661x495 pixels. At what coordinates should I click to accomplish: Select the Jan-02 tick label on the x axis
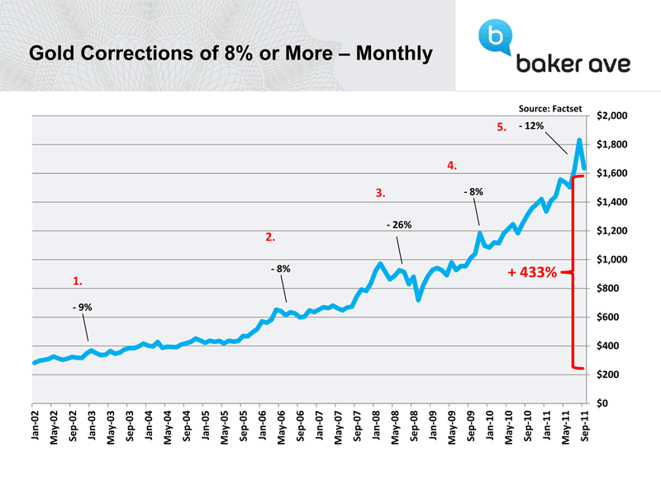(35, 427)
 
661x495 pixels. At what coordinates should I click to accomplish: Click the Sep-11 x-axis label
(585, 427)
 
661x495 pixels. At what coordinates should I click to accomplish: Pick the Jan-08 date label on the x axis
(377, 427)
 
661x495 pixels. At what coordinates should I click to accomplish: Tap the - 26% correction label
(399, 224)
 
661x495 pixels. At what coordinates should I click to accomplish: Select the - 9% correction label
(82, 308)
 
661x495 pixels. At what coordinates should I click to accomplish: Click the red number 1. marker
(77, 281)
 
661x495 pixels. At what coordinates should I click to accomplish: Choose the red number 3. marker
(380, 193)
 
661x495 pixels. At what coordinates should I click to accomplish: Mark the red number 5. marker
(501, 127)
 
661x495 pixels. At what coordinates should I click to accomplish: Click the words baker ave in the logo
(573, 64)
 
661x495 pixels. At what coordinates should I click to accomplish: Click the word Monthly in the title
(389, 54)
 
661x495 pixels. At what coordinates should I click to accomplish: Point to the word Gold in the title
(50, 54)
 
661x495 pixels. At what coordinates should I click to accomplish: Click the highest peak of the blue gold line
(579, 140)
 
